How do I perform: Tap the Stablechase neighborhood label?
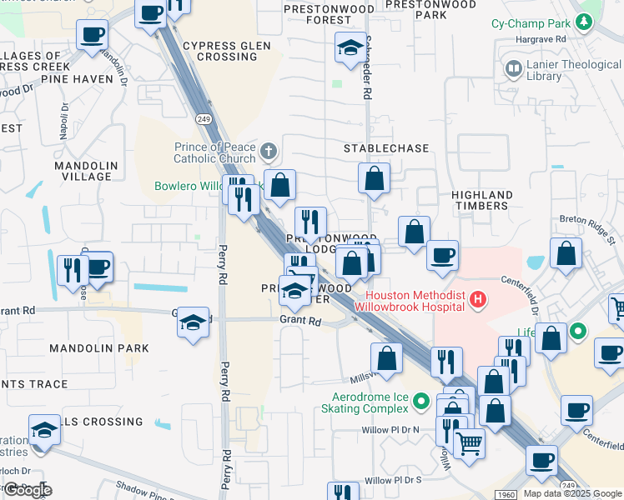(x=386, y=148)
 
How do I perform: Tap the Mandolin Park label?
(x=98, y=347)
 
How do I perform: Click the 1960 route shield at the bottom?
(x=506, y=494)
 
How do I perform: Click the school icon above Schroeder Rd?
(x=351, y=47)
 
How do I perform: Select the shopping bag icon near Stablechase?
(x=375, y=177)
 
